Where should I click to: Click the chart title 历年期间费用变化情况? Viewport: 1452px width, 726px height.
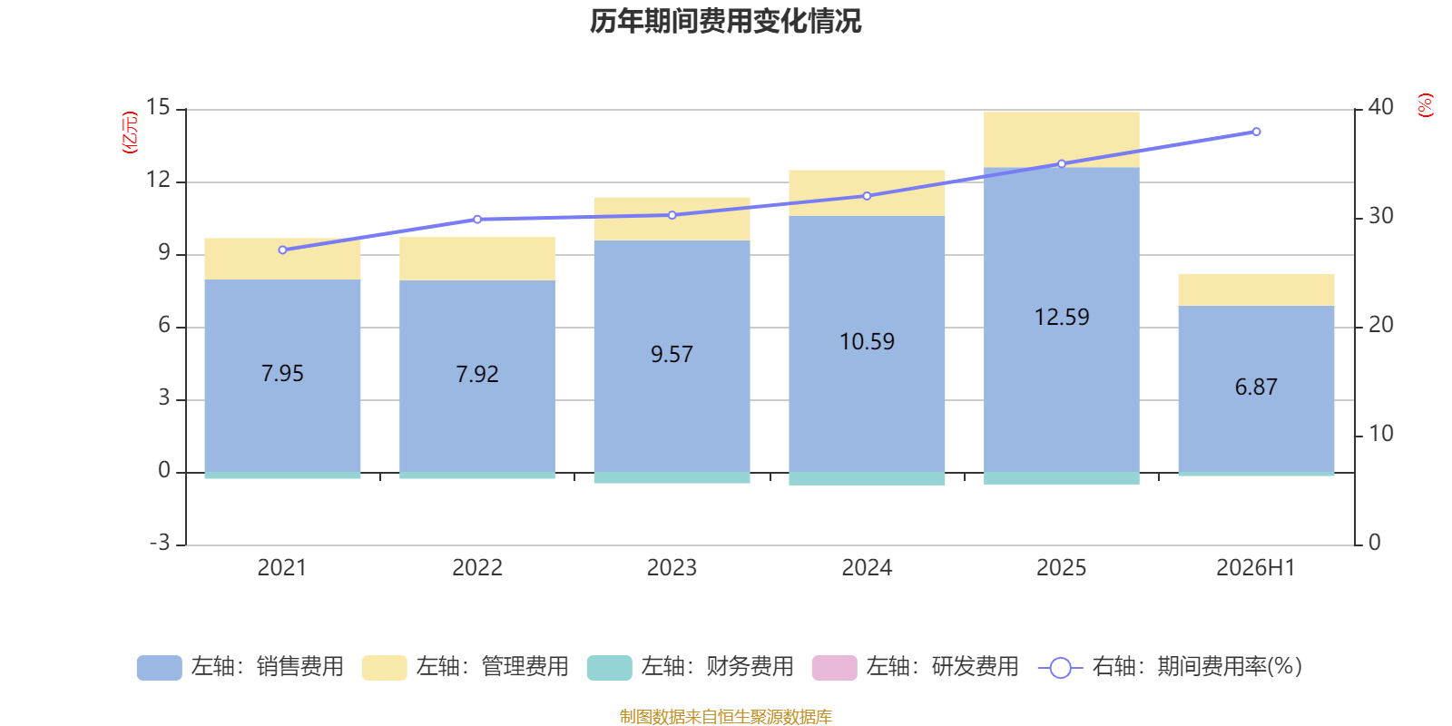point(725,22)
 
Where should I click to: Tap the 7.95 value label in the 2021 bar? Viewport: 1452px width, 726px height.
point(282,373)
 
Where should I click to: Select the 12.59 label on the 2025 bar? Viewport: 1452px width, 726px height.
point(1061,317)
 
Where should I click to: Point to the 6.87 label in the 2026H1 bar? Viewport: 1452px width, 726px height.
point(1256,387)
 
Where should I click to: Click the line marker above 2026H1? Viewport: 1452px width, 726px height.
point(1256,132)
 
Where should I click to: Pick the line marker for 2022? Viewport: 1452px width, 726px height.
point(477,219)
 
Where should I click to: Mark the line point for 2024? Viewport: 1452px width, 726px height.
point(867,196)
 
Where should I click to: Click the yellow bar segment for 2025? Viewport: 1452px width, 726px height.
point(1061,140)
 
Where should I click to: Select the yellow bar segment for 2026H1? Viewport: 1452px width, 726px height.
point(1256,289)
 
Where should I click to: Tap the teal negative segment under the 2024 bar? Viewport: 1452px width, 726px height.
point(867,479)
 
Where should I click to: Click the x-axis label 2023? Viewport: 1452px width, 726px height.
point(672,568)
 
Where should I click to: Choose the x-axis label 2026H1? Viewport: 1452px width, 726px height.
point(1256,568)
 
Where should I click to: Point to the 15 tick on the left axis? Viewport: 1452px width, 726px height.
point(158,108)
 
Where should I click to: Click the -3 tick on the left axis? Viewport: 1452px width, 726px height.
point(160,543)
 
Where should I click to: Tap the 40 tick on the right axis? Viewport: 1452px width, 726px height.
point(1380,108)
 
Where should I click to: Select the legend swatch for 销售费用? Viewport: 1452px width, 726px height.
point(160,668)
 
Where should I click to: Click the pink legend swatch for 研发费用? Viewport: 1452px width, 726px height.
point(835,668)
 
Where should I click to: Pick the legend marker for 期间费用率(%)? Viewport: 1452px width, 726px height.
point(1061,668)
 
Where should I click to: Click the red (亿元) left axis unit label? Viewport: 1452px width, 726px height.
point(131,132)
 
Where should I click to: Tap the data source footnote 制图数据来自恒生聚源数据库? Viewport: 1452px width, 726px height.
point(725,716)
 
